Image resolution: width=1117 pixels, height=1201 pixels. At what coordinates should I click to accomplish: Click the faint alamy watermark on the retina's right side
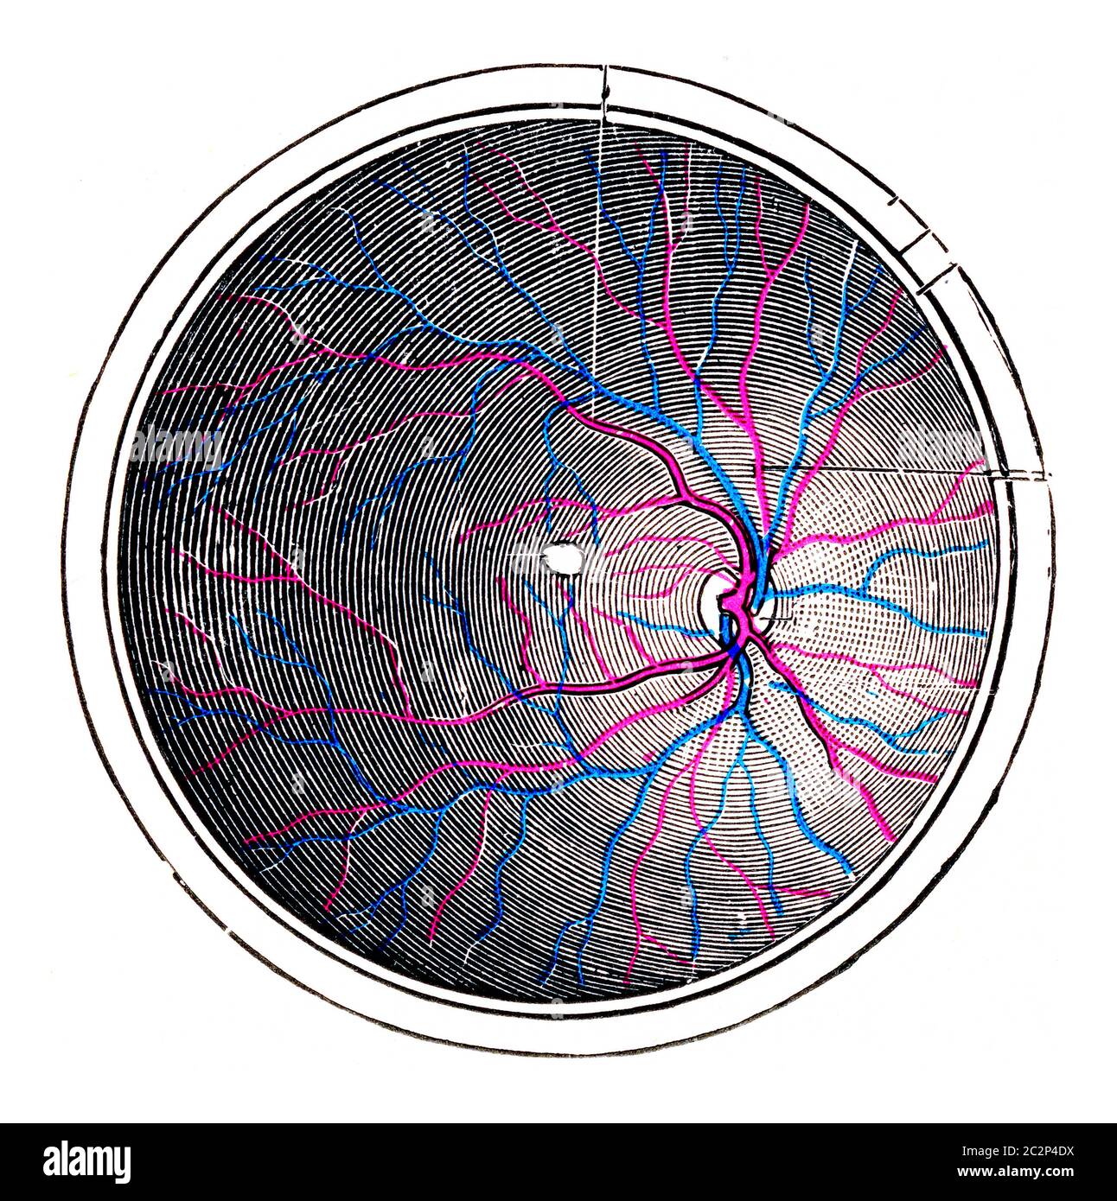pos(942,446)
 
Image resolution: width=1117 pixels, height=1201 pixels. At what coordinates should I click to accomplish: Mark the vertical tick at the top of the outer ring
pos(605,85)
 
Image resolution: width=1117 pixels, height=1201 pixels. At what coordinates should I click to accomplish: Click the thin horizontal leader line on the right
pos(882,469)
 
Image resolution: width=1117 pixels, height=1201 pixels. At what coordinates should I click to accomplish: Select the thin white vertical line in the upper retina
pos(600,259)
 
